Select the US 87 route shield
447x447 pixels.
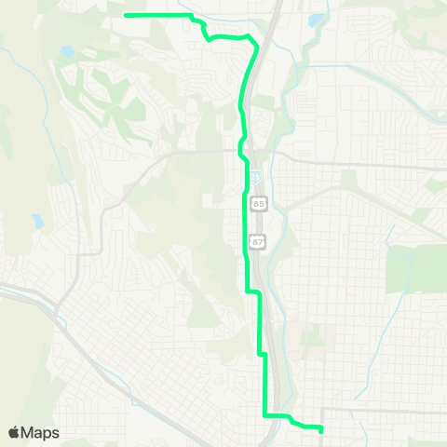(x=257, y=241)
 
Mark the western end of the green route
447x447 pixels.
(x=126, y=15)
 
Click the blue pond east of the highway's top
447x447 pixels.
(x=318, y=19)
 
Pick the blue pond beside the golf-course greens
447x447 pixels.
(x=66, y=52)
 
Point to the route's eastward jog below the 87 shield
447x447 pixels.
(x=251, y=292)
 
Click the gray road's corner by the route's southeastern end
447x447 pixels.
(x=323, y=409)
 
